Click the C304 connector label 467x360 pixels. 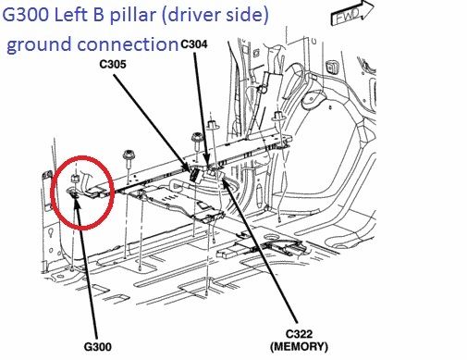194,44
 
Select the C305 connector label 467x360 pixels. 113,64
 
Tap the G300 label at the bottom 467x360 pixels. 98,347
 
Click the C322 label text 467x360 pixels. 299,334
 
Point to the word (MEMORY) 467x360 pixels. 299,346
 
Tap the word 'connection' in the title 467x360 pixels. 127,44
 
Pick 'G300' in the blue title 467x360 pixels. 25,15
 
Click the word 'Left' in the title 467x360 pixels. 69,15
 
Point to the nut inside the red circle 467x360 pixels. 74,179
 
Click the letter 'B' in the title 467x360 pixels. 97,15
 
